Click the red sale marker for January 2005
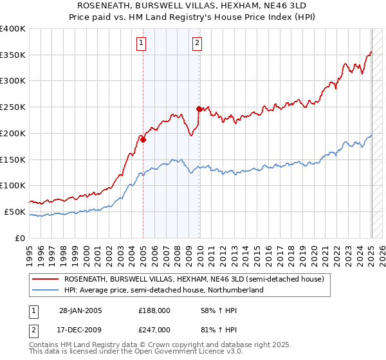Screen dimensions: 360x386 pyautogui.click(x=143, y=139)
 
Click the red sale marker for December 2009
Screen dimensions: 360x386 pyautogui.click(x=199, y=109)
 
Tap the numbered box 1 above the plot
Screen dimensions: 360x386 pyautogui.click(x=141, y=44)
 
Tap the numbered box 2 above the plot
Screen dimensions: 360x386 pyautogui.click(x=197, y=44)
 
